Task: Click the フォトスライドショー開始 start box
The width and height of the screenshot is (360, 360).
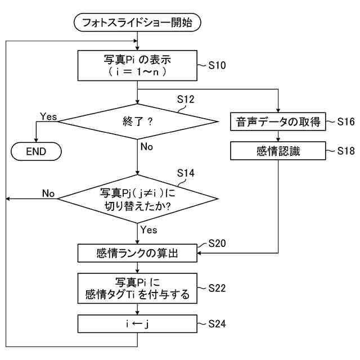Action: click(x=137, y=23)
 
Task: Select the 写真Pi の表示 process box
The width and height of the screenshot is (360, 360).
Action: click(x=137, y=65)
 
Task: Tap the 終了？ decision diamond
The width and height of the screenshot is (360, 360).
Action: click(x=138, y=121)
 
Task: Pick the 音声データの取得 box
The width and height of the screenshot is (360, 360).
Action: click(x=278, y=121)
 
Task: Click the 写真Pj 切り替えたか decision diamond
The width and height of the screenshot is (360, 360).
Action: click(x=138, y=199)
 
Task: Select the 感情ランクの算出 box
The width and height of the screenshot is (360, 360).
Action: click(x=137, y=253)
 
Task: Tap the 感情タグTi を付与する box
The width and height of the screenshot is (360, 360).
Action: click(x=137, y=287)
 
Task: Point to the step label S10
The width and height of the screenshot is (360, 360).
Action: click(x=217, y=66)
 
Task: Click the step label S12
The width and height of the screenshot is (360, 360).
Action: click(x=185, y=100)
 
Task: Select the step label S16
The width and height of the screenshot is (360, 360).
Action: click(x=346, y=121)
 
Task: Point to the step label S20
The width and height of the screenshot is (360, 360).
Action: click(x=217, y=244)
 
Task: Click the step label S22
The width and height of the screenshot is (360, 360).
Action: click(x=217, y=287)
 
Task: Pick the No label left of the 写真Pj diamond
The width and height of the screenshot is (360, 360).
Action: click(x=48, y=193)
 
